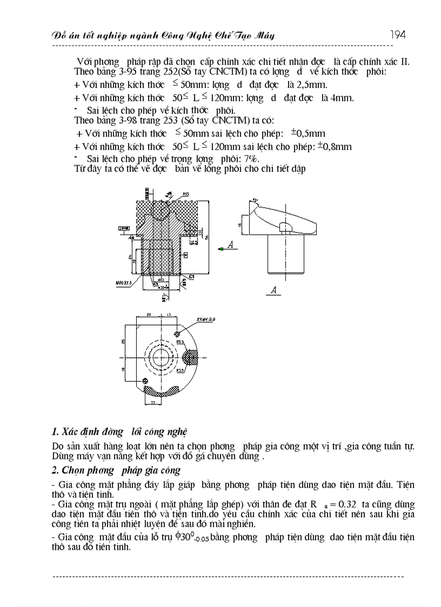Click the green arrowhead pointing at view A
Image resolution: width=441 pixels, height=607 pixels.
click(220, 249)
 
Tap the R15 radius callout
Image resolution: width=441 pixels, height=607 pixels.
click(185, 194)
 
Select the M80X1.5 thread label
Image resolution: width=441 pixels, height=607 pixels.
click(124, 282)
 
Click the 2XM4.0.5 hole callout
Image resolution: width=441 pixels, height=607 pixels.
click(206, 320)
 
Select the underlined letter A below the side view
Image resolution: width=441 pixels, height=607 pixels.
click(274, 290)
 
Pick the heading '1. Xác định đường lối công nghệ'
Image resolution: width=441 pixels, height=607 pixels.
click(119, 431)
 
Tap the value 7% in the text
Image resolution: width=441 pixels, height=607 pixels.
click(250, 159)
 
